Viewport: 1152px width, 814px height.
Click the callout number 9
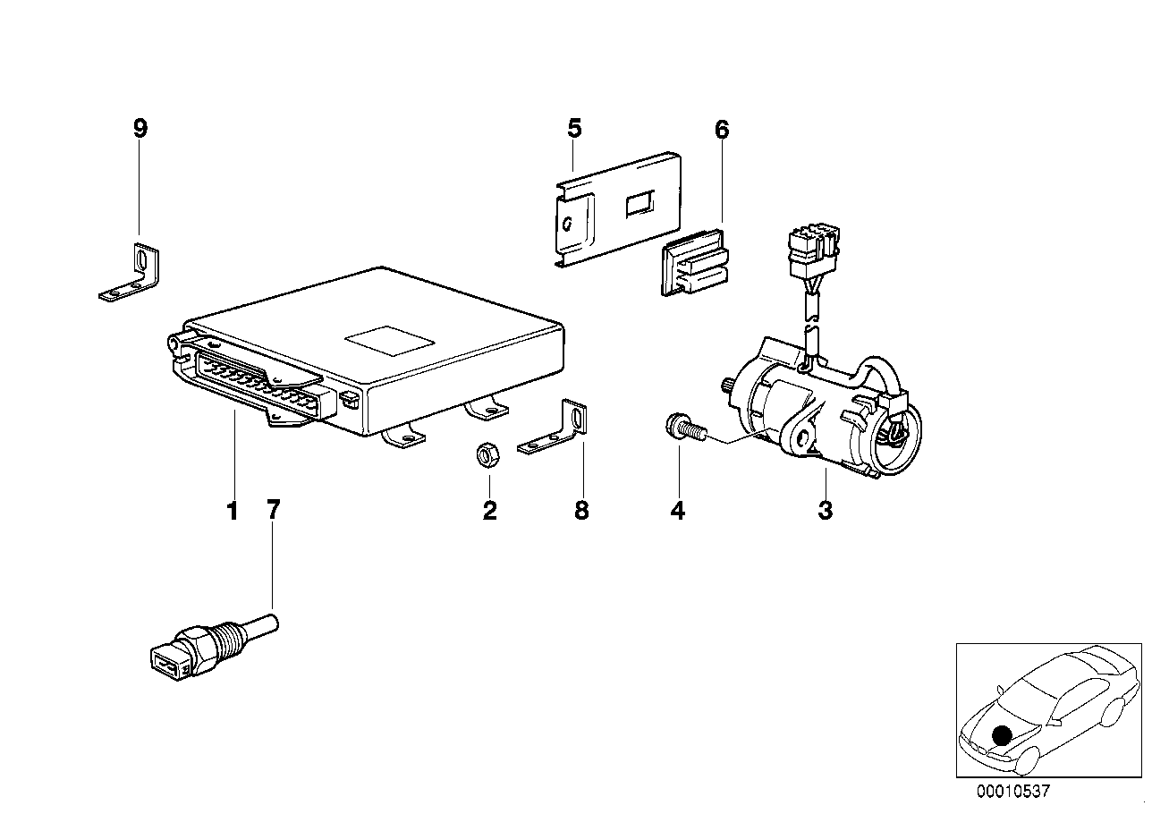point(140,128)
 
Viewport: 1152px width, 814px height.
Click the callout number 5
point(574,128)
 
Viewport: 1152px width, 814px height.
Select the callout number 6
point(722,130)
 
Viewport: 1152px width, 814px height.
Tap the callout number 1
point(233,512)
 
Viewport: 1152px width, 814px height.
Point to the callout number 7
point(273,511)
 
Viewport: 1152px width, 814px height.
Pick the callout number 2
point(489,512)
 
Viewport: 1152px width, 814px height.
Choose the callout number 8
point(581,512)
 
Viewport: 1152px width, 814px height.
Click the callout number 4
point(677,512)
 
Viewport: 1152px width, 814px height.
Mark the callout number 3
point(825,512)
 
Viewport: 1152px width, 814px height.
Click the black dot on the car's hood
point(1002,735)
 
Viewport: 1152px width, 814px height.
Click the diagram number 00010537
point(1014,791)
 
